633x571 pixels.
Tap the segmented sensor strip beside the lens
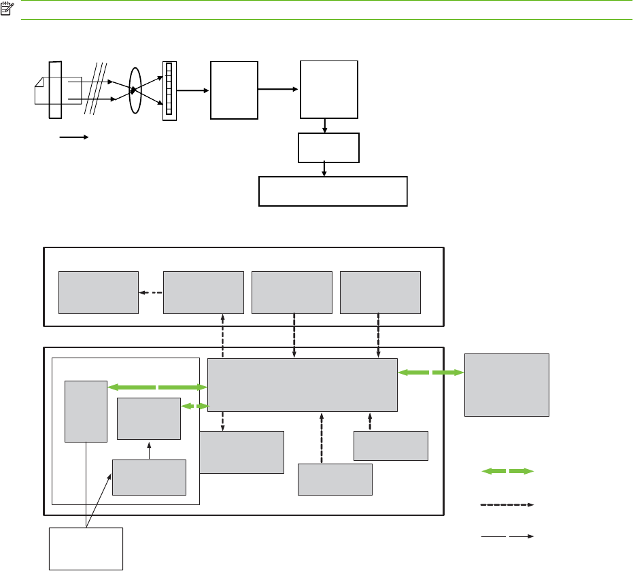coord(169,90)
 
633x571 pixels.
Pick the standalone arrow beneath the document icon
coord(73,137)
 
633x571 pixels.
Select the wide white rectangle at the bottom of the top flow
coord(333,192)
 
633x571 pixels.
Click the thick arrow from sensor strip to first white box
coord(192,88)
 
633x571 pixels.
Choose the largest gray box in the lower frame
coord(302,385)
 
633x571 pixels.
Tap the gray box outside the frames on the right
coord(507,384)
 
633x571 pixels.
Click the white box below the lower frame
coord(86,548)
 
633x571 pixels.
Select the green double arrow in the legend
coord(508,470)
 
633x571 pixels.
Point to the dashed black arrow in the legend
coord(508,505)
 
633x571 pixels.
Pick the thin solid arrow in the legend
coord(508,537)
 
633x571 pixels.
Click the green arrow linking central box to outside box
coord(430,373)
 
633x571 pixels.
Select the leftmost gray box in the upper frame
coord(98,292)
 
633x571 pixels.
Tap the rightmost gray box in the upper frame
coord(380,292)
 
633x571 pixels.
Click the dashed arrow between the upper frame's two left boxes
coord(151,293)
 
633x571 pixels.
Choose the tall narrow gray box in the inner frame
coord(86,411)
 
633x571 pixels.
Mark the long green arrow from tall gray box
coord(157,387)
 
